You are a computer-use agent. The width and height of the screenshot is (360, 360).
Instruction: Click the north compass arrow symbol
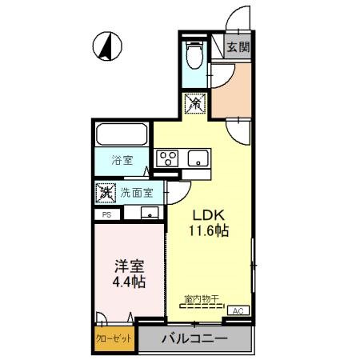[x=105, y=46]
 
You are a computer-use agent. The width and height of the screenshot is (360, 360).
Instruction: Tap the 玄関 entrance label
[x=238, y=46]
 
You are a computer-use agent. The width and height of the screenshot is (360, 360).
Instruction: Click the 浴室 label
[x=121, y=159]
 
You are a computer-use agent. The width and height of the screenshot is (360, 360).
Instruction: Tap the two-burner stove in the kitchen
[x=167, y=158]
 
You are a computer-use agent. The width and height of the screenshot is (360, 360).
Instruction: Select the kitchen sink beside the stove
[x=198, y=158]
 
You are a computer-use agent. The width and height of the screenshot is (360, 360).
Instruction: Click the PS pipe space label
[x=105, y=214]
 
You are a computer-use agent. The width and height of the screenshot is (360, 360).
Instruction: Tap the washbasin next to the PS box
[x=148, y=213]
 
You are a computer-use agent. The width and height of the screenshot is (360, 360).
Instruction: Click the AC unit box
[x=238, y=310]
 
